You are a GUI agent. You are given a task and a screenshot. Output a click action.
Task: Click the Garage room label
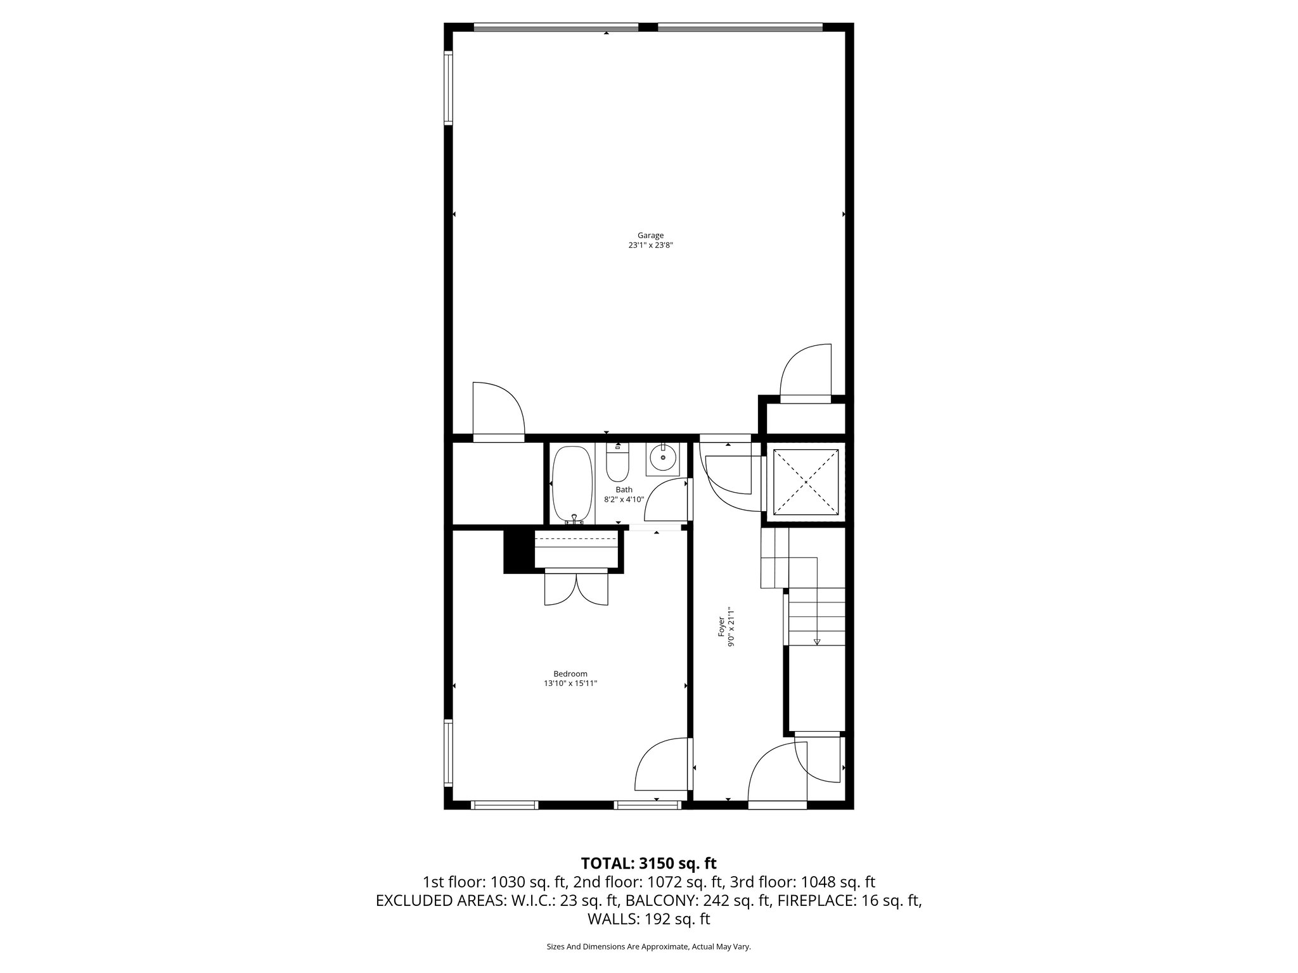650,236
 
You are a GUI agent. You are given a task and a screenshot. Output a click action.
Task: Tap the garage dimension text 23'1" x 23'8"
650,245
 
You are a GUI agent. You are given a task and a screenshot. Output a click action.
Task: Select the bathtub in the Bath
573,485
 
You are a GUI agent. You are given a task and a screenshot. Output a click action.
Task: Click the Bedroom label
570,674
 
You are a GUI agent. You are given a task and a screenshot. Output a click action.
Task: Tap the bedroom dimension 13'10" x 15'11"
570,684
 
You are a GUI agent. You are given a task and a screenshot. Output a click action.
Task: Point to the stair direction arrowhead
816,642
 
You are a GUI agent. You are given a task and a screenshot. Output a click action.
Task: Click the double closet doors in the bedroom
576,589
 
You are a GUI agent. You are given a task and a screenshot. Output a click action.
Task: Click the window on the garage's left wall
448,87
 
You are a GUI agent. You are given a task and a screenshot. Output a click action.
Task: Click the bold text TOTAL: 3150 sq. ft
648,863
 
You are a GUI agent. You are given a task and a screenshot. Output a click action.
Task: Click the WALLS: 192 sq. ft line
648,919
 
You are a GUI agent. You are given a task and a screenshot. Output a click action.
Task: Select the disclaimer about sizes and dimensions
648,946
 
